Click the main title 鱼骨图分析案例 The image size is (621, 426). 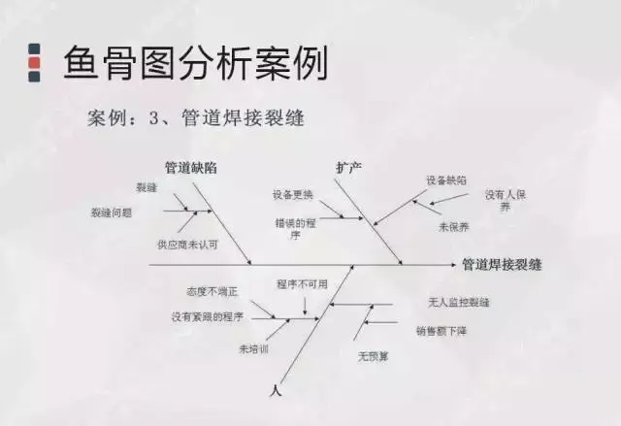point(195,63)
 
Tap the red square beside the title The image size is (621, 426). point(35,63)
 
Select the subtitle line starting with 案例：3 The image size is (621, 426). point(195,118)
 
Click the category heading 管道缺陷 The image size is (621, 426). point(191,167)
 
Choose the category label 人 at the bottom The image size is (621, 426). point(278,390)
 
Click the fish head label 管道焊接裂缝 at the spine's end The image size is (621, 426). point(502,264)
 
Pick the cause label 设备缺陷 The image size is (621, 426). point(446,180)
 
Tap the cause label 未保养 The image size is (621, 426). point(454,226)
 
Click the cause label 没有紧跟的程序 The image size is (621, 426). point(207,316)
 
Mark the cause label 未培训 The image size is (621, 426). point(252,348)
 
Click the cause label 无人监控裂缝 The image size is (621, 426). point(458,302)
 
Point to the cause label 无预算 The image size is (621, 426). point(374,356)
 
